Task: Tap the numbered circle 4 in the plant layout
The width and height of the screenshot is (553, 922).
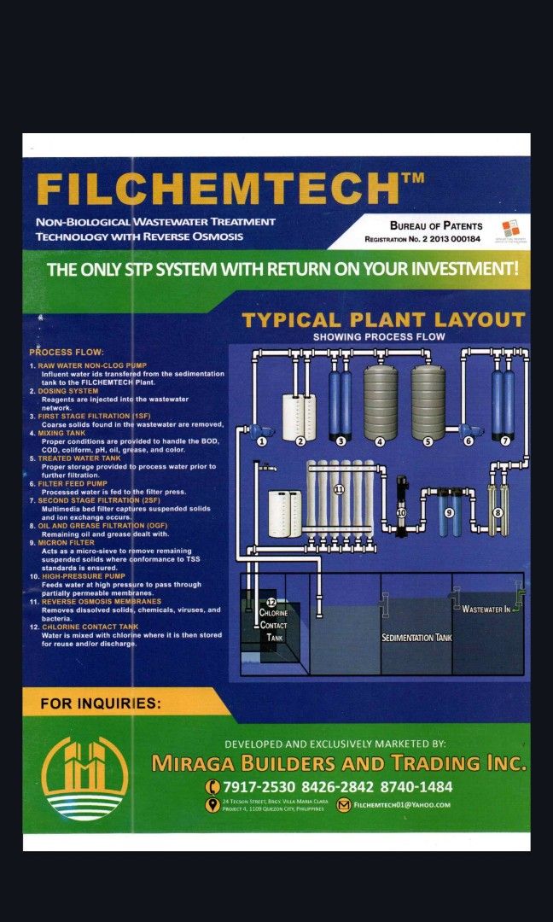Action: click(380, 441)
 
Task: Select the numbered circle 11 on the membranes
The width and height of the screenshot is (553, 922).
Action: click(339, 490)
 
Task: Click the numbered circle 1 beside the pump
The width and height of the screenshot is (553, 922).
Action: click(262, 441)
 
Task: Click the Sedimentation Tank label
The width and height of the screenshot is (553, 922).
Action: click(416, 638)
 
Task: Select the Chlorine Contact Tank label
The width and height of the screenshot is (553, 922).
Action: click(273, 624)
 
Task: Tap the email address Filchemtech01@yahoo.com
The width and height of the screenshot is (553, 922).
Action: click(401, 804)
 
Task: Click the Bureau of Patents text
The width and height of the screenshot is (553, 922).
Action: click(435, 226)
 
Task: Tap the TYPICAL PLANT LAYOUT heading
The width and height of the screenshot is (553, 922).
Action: click(383, 320)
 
